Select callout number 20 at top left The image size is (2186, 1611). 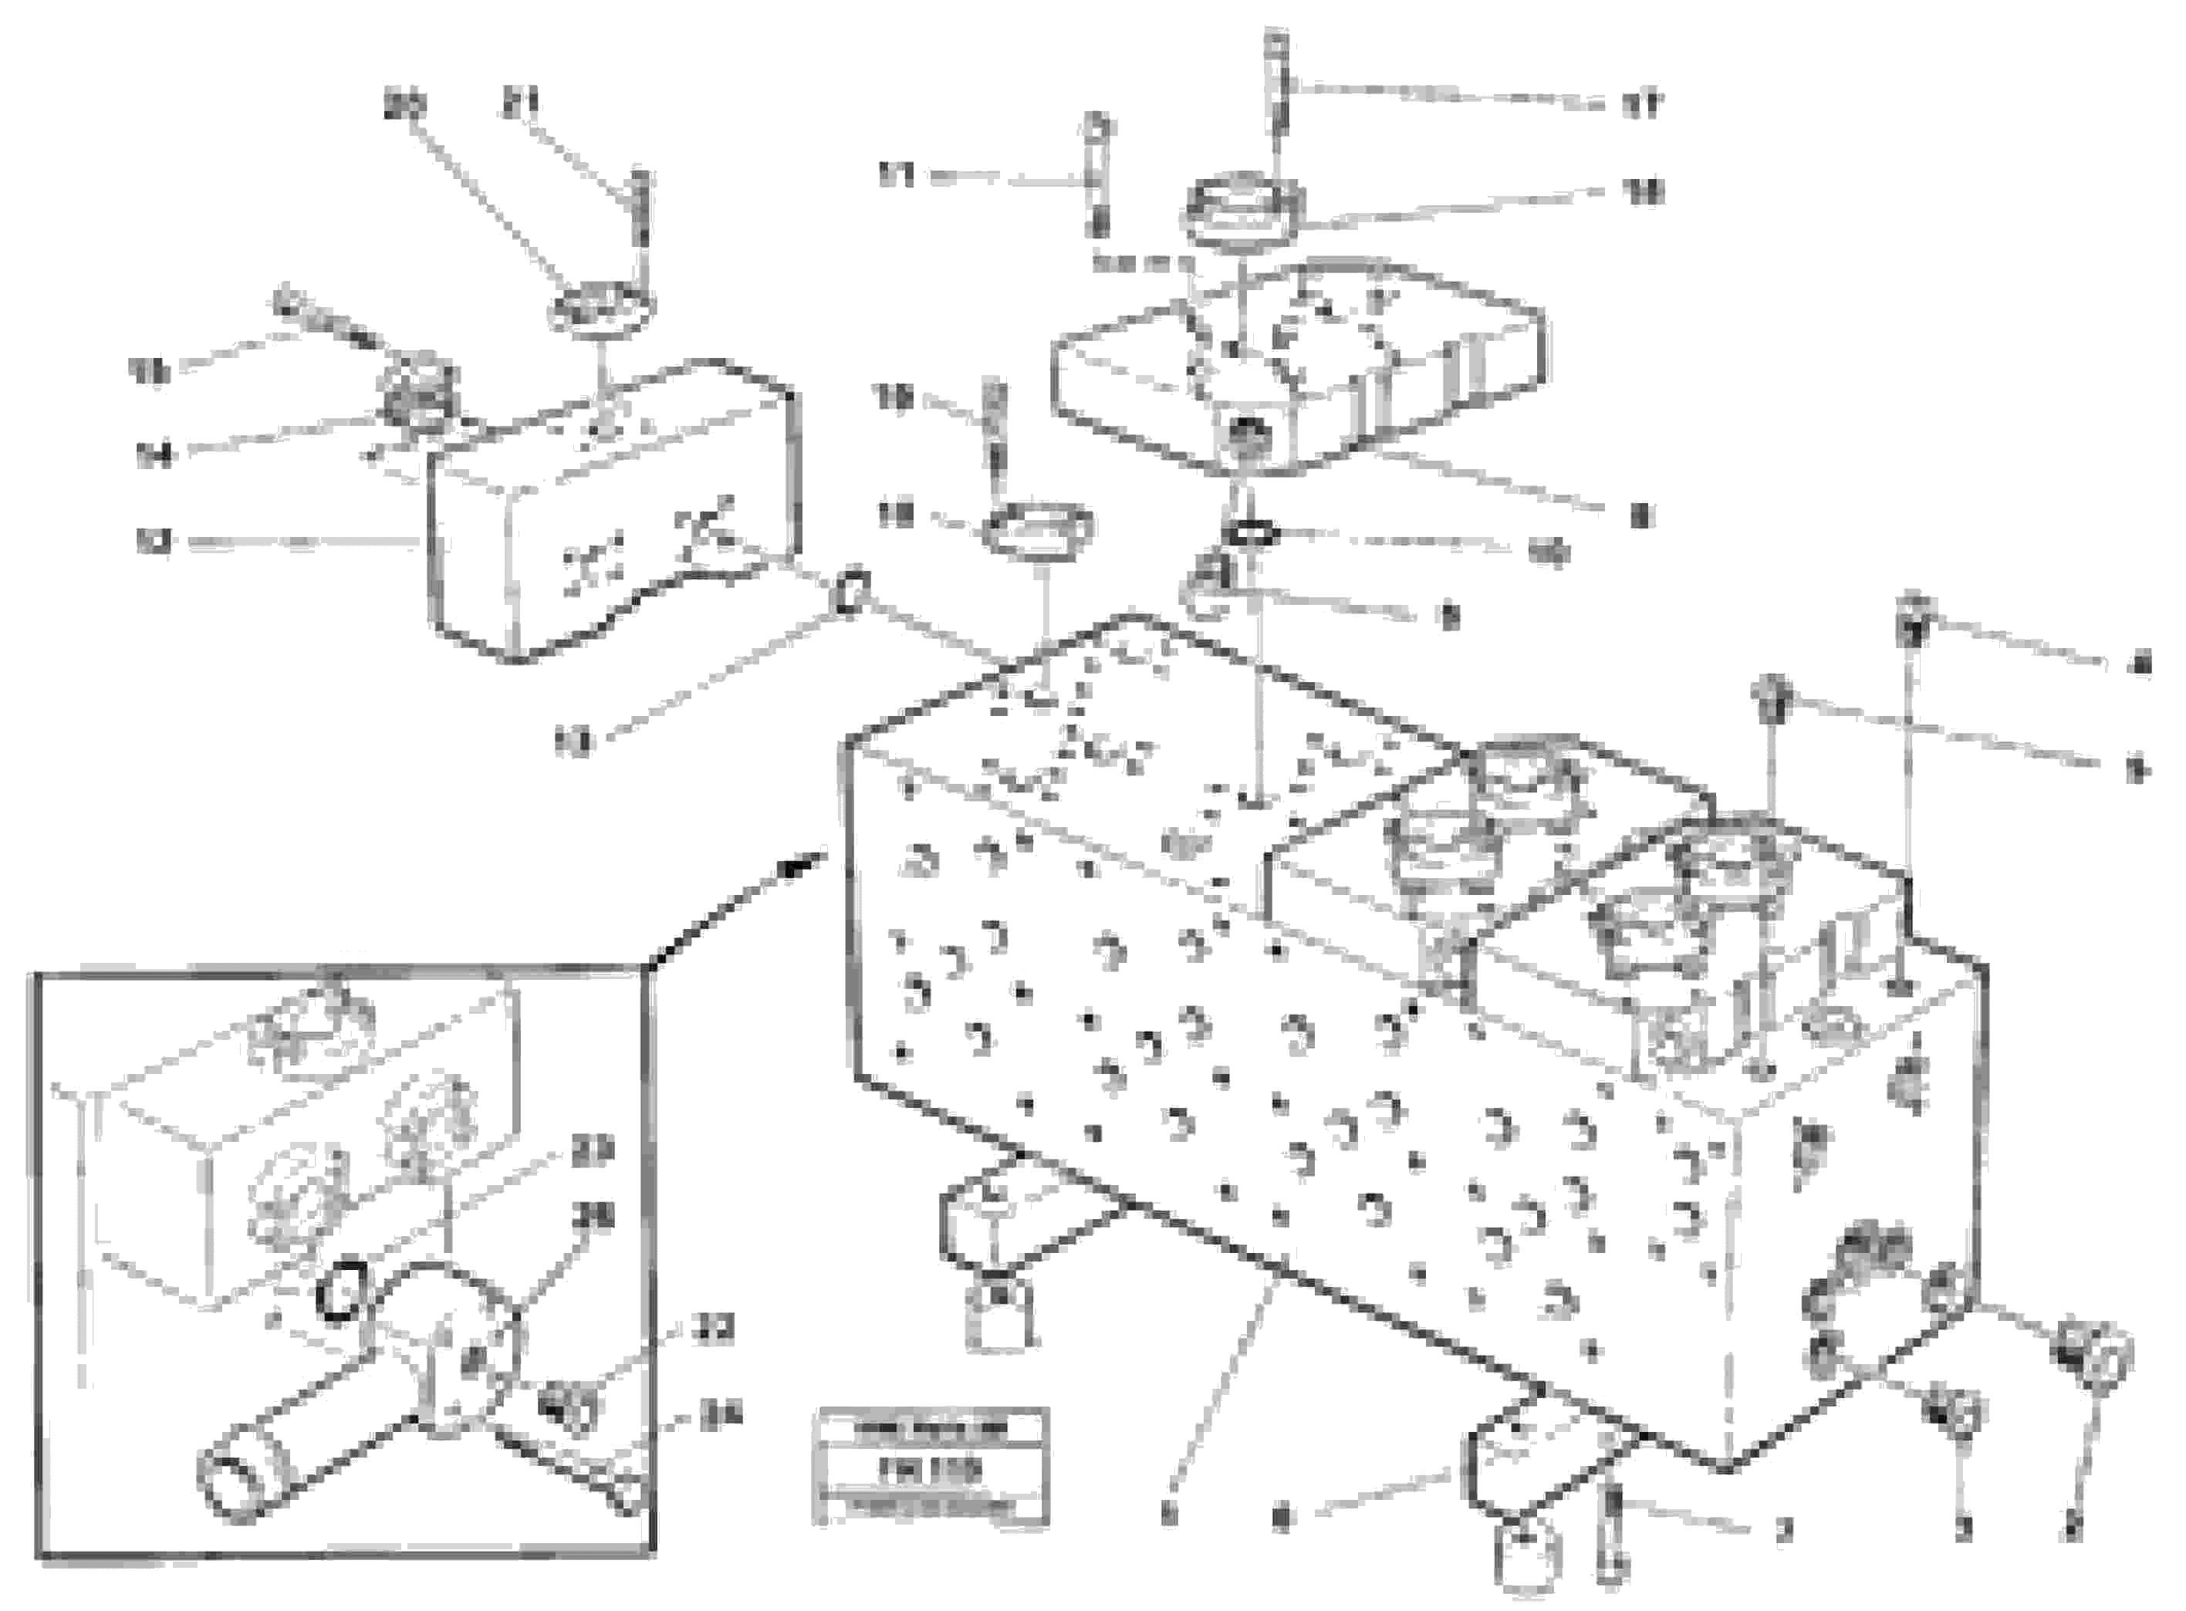click(x=404, y=104)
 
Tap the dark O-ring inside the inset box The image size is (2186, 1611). click(x=341, y=1289)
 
